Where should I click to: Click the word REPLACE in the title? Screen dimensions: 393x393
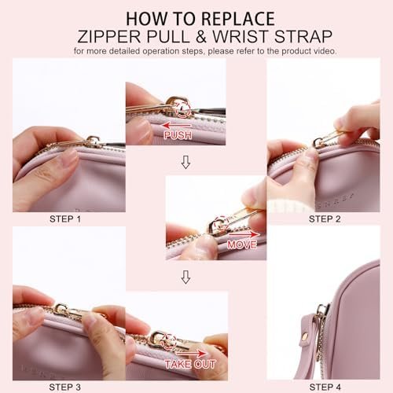click(x=238, y=19)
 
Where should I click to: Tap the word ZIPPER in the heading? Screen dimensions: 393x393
click(x=109, y=36)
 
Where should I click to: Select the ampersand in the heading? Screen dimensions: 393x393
click(x=200, y=36)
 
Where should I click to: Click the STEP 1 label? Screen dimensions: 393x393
click(x=65, y=219)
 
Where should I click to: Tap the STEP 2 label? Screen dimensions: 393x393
click(x=325, y=219)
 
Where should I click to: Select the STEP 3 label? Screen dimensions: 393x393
click(x=65, y=387)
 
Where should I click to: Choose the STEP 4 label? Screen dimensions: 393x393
click(x=325, y=387)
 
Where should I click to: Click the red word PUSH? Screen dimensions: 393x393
click(x=178, y=135)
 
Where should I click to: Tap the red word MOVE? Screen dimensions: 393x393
click(x=242, y=244)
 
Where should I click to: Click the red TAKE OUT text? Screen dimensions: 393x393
click(x=190, y=364)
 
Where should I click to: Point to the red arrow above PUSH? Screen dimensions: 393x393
click(x=177, y=125)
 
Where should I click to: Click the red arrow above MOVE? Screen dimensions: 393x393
click(x=244, y=234)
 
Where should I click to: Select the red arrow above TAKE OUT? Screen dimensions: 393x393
click(x=191, y=354)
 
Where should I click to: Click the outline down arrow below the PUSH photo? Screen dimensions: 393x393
click(x=185, y=162)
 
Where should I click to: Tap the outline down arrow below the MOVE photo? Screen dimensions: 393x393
click(x=185, y=277)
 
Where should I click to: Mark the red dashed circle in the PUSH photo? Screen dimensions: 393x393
click(x=183, y=109)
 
